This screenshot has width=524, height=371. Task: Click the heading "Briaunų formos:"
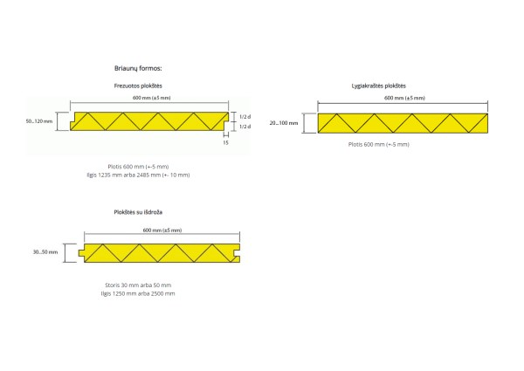click(138, 68)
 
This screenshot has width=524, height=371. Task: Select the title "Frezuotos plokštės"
click(138, 86)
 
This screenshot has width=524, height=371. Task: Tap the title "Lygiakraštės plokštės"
click(379, 86)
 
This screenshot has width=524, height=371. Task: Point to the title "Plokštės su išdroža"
click(138, 212)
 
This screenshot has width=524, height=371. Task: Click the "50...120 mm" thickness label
click(39, 121)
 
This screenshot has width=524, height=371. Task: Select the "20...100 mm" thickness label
click(284, 123)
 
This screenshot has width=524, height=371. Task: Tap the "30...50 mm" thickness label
click(45, 252)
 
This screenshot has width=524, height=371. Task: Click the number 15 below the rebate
click(226, 142)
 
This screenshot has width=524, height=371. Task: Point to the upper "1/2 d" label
click(245, 117)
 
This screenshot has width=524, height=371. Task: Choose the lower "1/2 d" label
click(245, 127)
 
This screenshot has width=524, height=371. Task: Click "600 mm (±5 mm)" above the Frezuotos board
click(151, 98)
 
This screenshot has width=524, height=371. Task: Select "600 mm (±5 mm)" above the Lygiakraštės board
click(404, 98)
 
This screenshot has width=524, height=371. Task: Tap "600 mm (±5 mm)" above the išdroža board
click(162, 230)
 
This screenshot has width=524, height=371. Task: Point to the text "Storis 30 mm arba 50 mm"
click(138, 285)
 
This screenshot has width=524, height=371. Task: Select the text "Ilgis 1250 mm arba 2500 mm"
click(138, 293)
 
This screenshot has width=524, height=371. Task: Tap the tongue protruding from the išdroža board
click(81, 253)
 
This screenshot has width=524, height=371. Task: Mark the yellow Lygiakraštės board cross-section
click(403, 123)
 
